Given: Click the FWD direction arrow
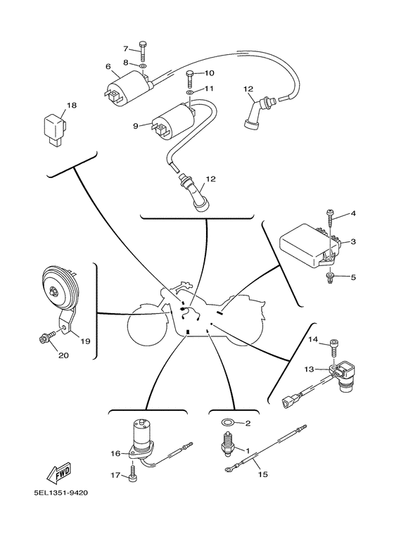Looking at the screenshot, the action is (59, 473).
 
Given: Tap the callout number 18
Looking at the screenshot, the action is (72, 105).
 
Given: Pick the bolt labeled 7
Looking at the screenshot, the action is (143, 51).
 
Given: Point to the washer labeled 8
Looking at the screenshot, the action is (143, 65).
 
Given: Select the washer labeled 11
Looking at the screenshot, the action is (190, 93).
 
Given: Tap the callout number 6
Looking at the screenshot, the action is (108, 66).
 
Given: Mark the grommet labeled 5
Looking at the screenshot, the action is (330, 278).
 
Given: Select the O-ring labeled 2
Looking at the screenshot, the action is (227, 422).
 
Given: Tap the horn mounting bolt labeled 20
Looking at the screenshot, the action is (48, 336).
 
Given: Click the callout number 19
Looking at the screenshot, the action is (85, 341).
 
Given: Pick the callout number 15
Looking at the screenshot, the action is (263, 474).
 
